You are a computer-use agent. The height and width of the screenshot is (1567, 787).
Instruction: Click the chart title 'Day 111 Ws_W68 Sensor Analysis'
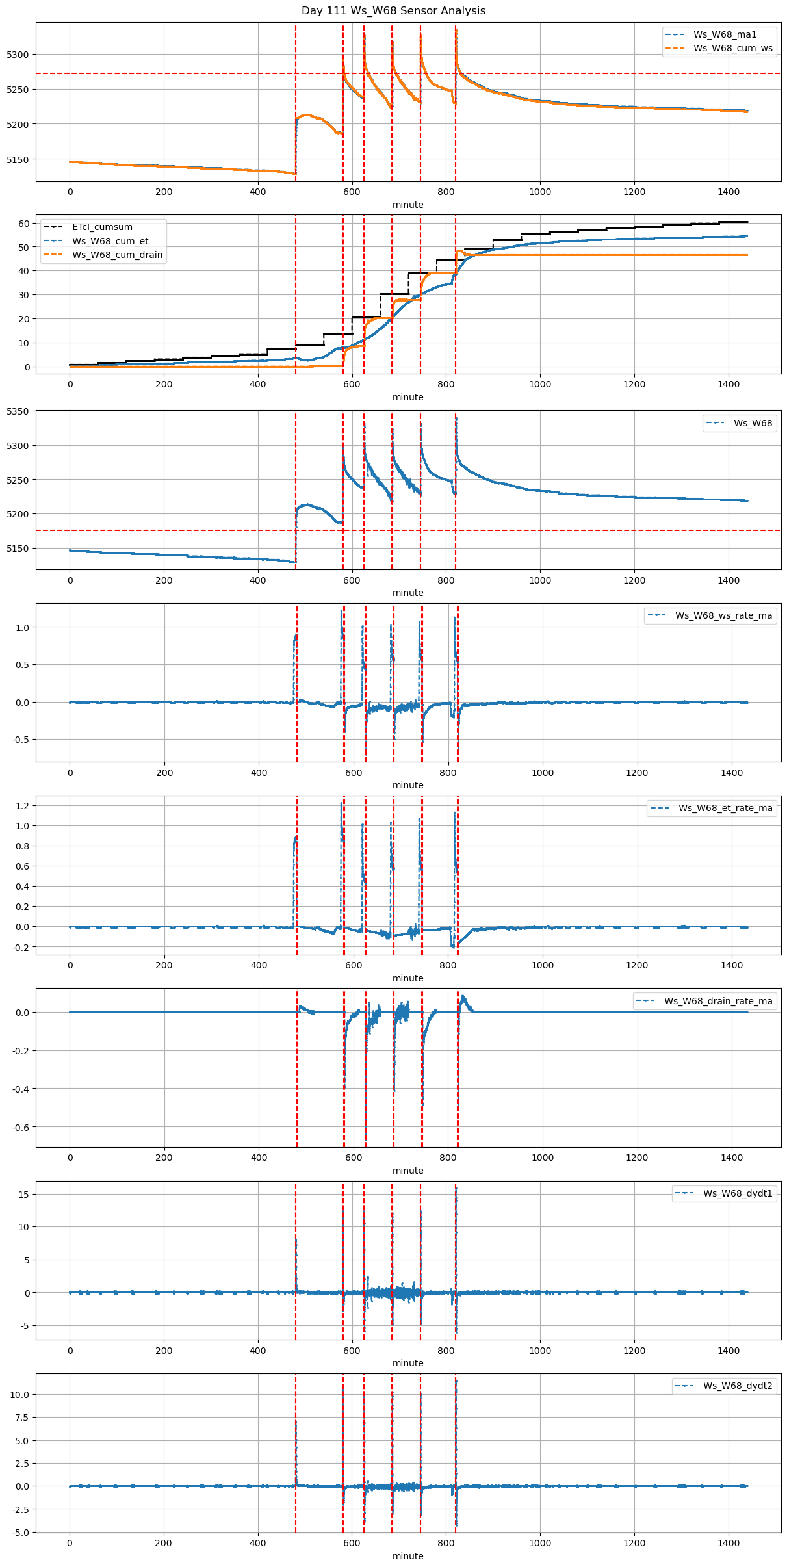[393, 10]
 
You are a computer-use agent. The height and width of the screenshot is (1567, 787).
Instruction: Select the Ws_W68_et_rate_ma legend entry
[725, 808]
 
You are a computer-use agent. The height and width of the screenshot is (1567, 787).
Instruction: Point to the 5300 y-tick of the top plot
[18, 55]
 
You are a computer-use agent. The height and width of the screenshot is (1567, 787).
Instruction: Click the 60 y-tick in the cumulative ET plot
[24, 224]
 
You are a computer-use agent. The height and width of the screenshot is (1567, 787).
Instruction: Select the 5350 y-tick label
[18, 411]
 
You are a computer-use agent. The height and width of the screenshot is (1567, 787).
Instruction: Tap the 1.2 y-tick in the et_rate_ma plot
[23, 806]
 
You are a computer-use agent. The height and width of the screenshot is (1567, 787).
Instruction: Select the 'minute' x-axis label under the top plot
[407, 205]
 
